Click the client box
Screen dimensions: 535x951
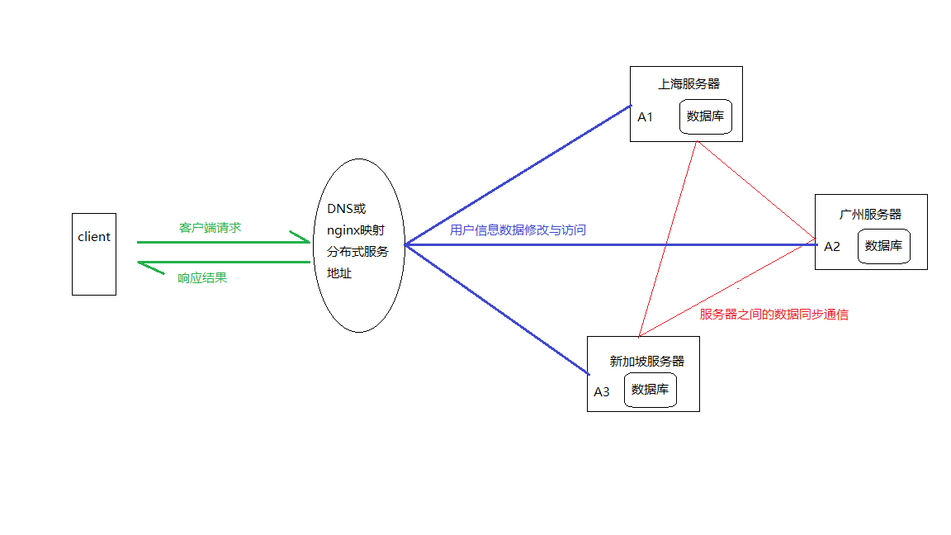click(94, 253)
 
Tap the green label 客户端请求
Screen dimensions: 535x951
click(210, 228)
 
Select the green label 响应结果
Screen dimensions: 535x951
click(202, 278)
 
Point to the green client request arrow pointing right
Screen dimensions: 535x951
click(223, 242)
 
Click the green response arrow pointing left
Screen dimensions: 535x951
click(223, 263)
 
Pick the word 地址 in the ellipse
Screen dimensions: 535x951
click(339, 272)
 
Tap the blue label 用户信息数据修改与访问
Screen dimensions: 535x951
click(518, 230)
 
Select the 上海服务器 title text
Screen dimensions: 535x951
click(688, 84)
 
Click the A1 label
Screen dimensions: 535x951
click(645, 117)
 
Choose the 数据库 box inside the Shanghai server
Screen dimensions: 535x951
click(706, 116)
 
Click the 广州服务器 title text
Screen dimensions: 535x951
click(870, 215)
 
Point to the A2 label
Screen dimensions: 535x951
click(831, 246)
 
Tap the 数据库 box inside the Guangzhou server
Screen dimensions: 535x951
click(883, 246)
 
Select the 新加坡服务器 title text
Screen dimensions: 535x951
click(647, 362)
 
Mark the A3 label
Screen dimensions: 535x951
click(601, 391)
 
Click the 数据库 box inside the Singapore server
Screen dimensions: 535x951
click(650, 390)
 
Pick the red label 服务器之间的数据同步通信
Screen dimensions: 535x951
click(774, 315)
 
